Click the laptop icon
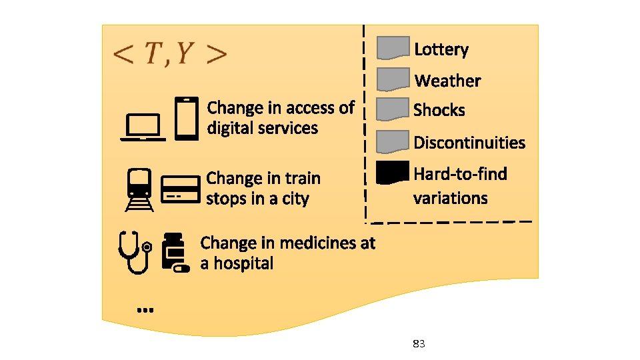coord(143,127)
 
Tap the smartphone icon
coord(187,119)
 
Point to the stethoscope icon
coord(135,252)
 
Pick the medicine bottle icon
coord(176,253)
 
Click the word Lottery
coord(441,49)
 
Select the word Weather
coord(447,81)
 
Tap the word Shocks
coord(439,110)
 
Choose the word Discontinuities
coord(469,142)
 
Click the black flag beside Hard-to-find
coord(392,173)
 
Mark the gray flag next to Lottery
coord(393,48)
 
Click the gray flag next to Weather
coord(393,79)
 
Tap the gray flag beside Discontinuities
coord(393,141)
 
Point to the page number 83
coord(419,344)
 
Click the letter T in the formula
coord(153,54)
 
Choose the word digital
coord(231,128)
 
